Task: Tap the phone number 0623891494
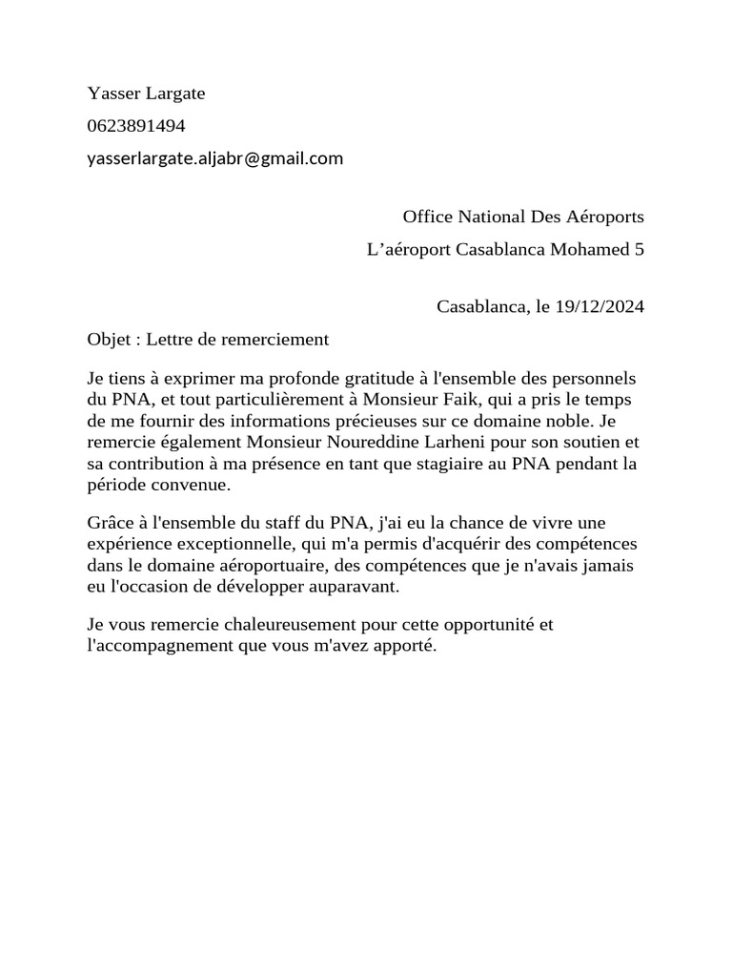click(x=136, y=125)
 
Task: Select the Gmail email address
click(x=214, y=158)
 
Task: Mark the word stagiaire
click(x=463, y=464)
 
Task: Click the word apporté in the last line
click(x=404, y=646)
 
